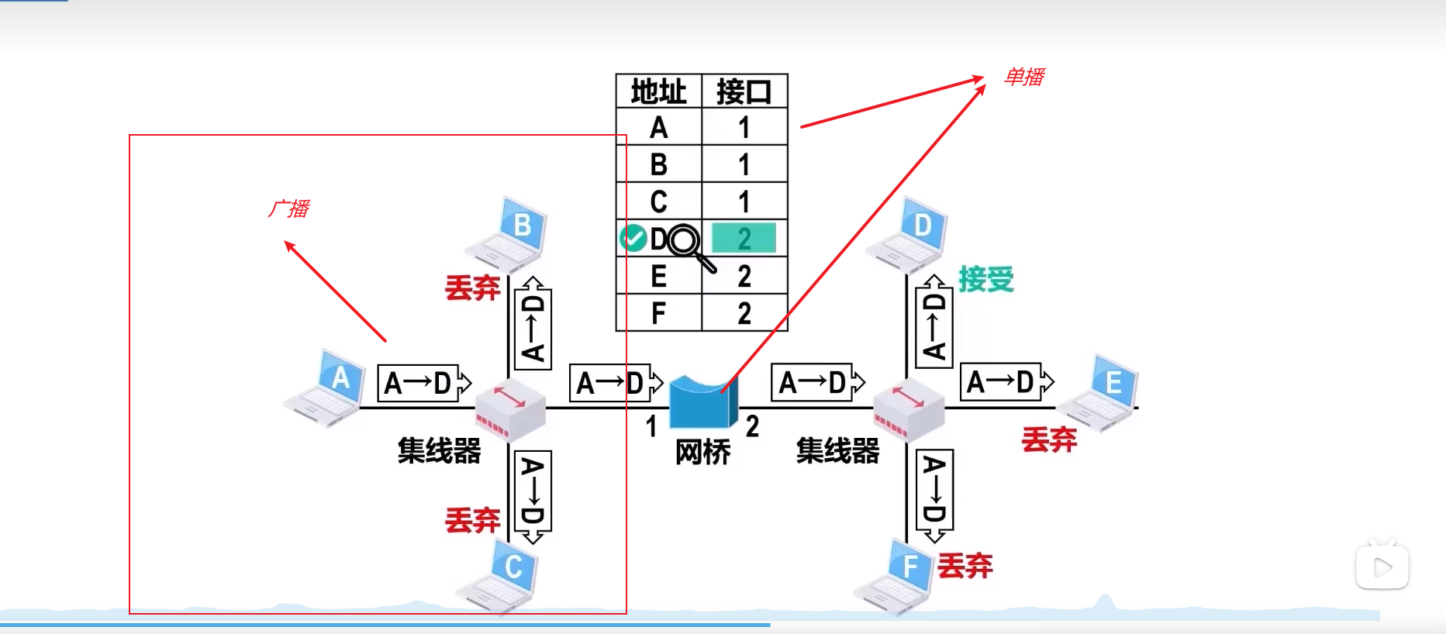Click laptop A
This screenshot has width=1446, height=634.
tap(326, 388)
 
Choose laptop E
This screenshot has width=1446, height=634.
tap(1099, 392)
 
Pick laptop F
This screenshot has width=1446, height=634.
tap(896, 577)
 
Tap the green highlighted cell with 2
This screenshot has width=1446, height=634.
tap(744, 239)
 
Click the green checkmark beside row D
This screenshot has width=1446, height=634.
tap(633, 239)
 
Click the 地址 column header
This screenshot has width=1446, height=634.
tap(658, 92)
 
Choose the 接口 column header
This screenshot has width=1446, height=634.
tap(744, 92)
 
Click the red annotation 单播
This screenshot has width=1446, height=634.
tap(1023, 77)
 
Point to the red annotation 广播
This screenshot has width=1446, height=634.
tap(288, 209)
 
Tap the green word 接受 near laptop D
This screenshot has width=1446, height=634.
tap(985, 279)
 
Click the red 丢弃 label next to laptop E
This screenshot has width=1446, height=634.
tap(1049, 440)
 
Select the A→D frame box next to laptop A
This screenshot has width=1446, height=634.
tap(423, 383)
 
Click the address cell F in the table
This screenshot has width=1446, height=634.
tap(658, 314)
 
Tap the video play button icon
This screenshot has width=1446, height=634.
tap(1382, 567)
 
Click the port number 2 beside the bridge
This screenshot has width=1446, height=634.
tap(752, 426)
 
